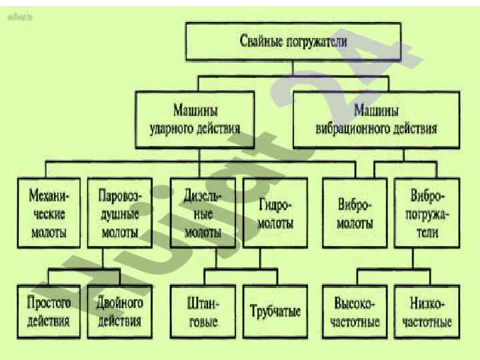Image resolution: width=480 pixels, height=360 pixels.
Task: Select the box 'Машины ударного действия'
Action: click(x=195, y=118)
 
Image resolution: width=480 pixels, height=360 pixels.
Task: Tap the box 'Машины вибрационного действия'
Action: click(x=376, y=118)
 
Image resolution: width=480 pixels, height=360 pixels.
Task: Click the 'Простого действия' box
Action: click(x=48, y=311)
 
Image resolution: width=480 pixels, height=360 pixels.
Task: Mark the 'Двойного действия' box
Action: click(x=119, y=311)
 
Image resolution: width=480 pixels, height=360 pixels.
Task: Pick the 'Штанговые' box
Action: click(x=203, y=311)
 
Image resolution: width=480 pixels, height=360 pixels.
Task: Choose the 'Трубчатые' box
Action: click(x=275, y=311)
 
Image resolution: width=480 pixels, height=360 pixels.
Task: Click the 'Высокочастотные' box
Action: click(x=355, y=311)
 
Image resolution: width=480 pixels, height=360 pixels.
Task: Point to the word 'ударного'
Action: click(x=173, y=127)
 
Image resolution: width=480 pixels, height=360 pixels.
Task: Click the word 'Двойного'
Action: click(x=119, y=303)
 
